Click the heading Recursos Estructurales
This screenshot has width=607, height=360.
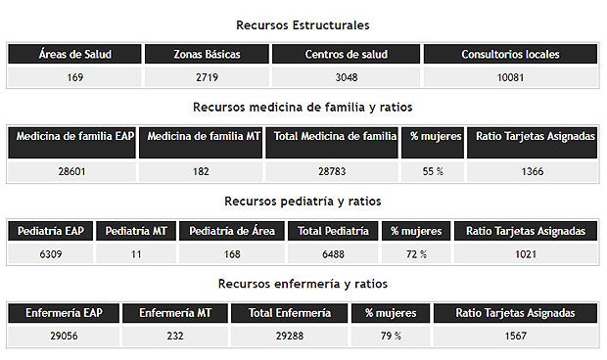303,24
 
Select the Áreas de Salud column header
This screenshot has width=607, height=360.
75,55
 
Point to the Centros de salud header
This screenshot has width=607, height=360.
346,55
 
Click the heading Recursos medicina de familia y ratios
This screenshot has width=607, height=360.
303,107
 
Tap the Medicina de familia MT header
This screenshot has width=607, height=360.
200,137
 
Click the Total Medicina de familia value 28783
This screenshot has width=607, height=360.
332,170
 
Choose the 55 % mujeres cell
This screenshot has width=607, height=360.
432,170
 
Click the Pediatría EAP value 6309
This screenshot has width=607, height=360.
49,254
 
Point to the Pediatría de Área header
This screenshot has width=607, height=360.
232,231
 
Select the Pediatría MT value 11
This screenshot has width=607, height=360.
135,254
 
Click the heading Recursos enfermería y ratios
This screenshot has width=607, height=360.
303,284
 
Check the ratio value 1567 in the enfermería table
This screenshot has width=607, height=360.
516,337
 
